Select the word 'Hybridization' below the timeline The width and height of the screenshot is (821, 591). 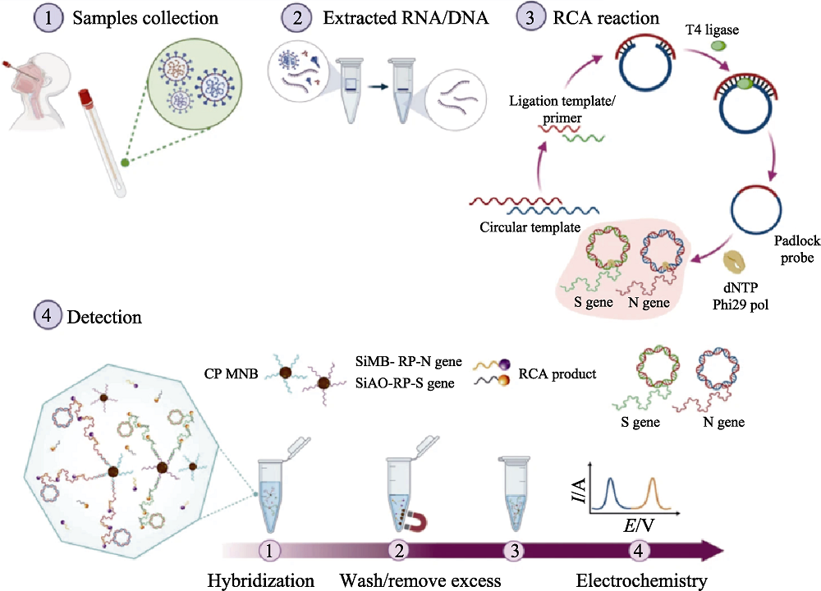(259, 580)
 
